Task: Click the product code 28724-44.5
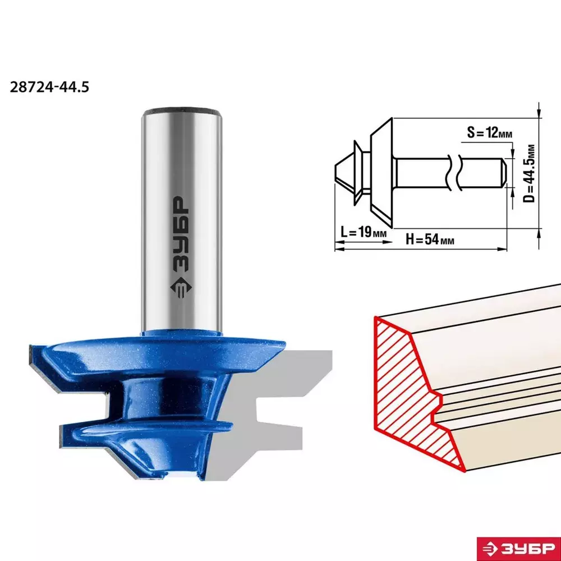pos(49,87)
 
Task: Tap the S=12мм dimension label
pos(489,133)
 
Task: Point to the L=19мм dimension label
pos(363,232)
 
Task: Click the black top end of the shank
pos(182,111)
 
